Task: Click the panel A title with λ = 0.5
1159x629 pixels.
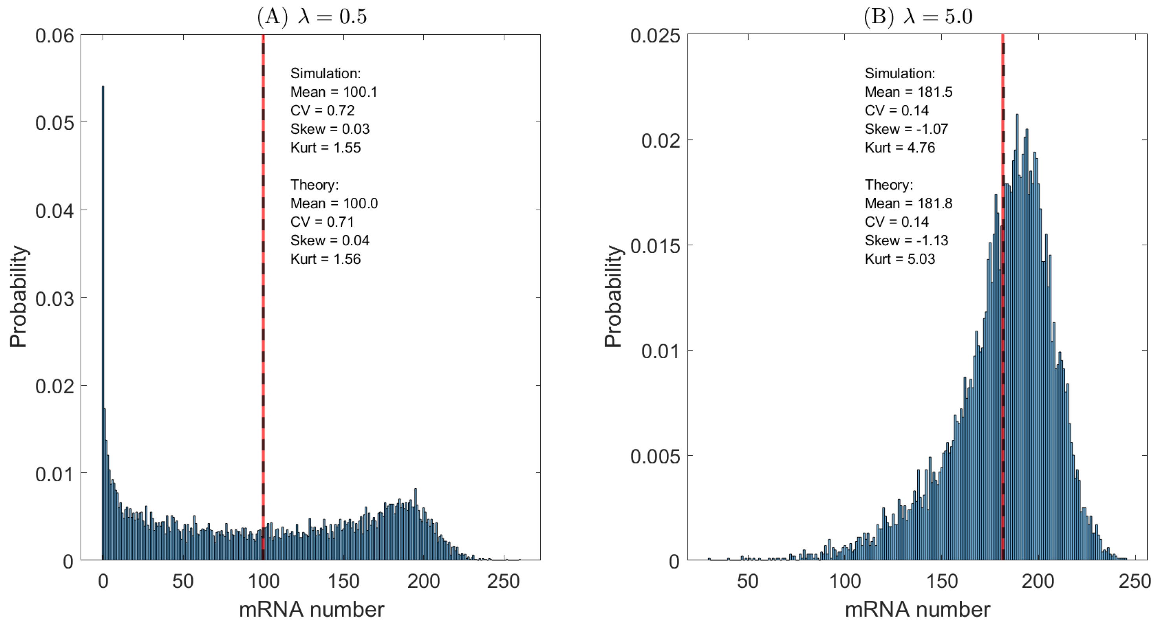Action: (312, 17)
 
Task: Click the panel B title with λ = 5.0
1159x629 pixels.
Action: (918, 17)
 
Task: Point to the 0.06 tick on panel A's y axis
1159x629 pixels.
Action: (55, 35)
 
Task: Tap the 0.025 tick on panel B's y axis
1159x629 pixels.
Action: (655, 35)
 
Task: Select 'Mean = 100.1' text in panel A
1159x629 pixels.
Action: (334, 92)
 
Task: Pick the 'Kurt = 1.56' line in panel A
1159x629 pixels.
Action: (325, 259)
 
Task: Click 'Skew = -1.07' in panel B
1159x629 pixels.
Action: (906, 129)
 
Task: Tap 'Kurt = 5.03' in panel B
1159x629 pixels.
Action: (900, 259)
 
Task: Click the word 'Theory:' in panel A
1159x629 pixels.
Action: (314, 185)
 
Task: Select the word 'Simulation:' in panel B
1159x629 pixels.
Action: (900, 74)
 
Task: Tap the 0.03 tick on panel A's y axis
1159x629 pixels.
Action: (55, 298)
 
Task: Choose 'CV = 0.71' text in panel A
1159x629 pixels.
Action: (322, 222)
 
